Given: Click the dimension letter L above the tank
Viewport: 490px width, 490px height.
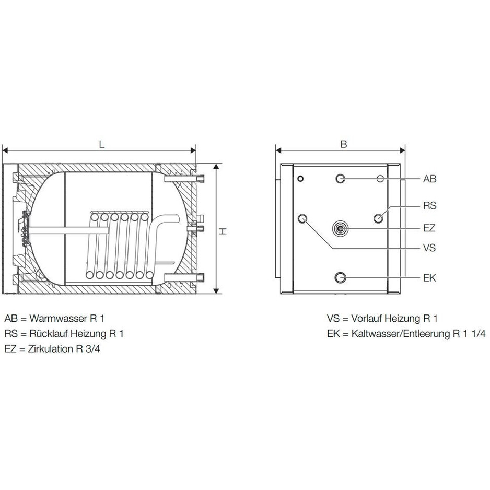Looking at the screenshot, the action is [101, 144].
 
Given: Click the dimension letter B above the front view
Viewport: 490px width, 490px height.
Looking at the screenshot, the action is [343, 144].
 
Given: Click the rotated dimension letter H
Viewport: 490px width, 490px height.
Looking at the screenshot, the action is [222, 231].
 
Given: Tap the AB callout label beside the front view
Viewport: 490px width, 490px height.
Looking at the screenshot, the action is [429, 179].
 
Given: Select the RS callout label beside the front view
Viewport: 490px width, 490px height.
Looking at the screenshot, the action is [429, 206].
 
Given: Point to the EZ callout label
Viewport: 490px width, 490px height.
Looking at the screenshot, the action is [429, 228].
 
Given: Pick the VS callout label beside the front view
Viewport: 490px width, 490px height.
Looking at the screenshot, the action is [429, 248].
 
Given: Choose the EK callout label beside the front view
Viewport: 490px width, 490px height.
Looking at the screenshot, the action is [429, 278].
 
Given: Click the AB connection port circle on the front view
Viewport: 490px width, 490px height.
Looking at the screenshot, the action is [340, 179].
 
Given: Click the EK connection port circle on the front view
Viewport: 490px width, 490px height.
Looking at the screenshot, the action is [340, 277].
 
